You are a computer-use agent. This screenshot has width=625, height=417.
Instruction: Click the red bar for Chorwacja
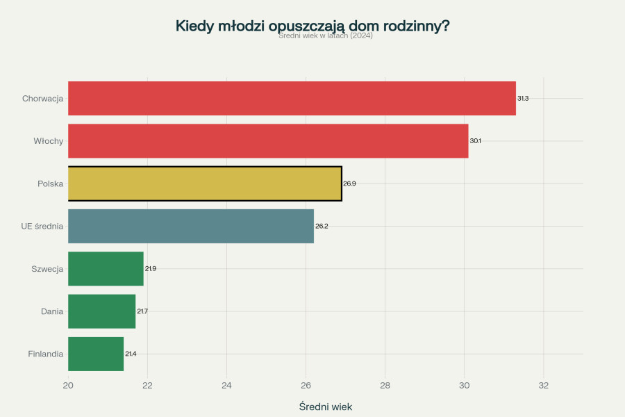pyautogui.click(x=292, y=98)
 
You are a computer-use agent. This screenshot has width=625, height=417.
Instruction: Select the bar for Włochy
pyautogui.click(x=268, y=141)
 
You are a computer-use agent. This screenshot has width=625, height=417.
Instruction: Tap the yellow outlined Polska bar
pyautogui.click(x=205, y=183)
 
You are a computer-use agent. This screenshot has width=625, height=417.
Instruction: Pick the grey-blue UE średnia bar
pyautogui.click(x=191, y=226)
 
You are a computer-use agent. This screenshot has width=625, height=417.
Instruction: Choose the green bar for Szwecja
pyautogui.click(x=106, y=269)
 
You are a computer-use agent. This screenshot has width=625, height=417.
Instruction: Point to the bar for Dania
pyautogui.click(x=102, y=311)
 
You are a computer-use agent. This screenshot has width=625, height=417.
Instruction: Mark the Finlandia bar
pyautogui.click(x=96, y=354)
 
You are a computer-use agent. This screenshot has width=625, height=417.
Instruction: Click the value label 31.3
pyautogui.click(x=523, y=99)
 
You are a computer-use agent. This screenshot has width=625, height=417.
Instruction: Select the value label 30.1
pyautogui.click(x=475, y=141)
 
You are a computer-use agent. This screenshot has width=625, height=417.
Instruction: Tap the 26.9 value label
pyautogui.click(x=349, y=183)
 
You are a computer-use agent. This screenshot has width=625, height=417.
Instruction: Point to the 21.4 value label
pyautogui.click(x=131, y=354)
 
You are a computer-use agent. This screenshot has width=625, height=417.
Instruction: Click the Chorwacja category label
pyautogui.click(x=42, y=99)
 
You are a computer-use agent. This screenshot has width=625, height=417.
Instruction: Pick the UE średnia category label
pyautogui.click(x=42, y=226)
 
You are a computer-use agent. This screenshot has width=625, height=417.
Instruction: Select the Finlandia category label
pyautogui.click(x=46, y=354)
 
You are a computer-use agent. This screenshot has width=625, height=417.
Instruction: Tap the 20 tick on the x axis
pyautogui.click(x=68, y=386)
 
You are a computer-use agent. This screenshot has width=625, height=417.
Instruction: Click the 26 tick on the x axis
pyautogui.click(x=306, y=386)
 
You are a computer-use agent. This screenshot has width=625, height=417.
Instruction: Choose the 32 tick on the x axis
pyautogui.click(x=544, y=386)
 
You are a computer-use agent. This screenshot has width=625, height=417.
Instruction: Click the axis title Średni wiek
pyautogui.click(x=326, y=407)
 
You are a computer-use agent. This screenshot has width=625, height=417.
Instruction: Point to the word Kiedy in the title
pyautogui.click(x=195, y=26)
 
